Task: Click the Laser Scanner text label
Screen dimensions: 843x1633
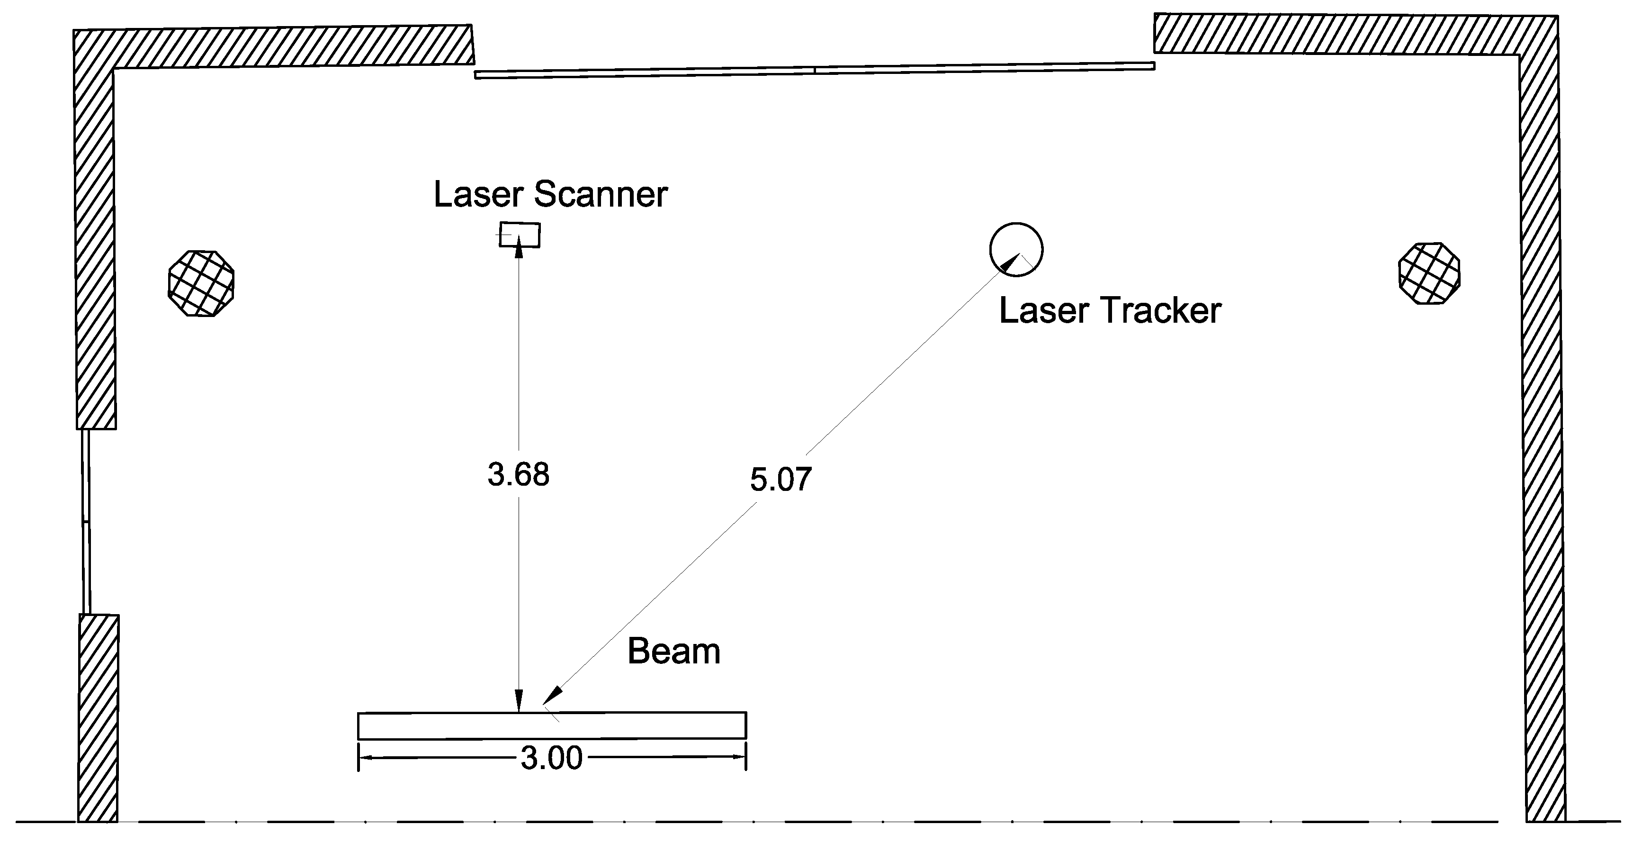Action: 550,194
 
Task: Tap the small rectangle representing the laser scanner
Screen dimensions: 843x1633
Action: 520,234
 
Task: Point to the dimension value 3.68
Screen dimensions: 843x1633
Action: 518,474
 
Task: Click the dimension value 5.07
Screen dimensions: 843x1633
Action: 781,480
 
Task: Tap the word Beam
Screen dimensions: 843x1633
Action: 674,652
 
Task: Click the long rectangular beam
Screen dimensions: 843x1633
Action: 552,725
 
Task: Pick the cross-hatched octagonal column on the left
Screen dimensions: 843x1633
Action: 201,283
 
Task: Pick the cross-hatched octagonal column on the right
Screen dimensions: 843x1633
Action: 1429,273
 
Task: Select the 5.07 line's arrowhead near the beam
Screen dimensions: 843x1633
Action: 552,695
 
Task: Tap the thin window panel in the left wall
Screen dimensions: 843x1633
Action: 86,521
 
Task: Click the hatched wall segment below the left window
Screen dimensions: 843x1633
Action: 98,717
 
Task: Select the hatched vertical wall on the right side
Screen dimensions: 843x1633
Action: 1541,444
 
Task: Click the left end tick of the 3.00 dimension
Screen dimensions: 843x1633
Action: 359,757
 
